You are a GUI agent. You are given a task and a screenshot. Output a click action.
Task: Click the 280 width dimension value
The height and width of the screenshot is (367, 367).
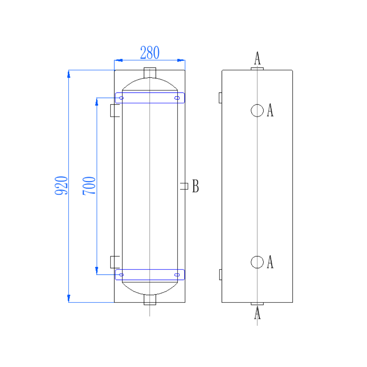coord(150,53)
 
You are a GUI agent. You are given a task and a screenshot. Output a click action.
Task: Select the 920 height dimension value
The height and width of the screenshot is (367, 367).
coord(61,185)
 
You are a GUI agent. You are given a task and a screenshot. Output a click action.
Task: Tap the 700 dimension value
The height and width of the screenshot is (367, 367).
coord(89,185)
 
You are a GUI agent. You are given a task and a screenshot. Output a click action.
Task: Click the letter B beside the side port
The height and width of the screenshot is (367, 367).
coord(196,186)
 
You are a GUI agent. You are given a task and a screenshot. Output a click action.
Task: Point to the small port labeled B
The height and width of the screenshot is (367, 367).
coord(185,186)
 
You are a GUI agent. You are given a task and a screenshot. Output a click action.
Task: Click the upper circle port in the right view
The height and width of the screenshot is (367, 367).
coord(257,110)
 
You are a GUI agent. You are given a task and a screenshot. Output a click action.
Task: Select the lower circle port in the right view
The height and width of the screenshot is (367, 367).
coord(257,262)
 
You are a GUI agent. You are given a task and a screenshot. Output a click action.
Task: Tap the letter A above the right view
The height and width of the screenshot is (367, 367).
coord(258,58)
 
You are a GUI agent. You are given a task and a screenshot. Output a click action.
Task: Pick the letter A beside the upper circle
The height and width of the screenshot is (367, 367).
coord(270,110)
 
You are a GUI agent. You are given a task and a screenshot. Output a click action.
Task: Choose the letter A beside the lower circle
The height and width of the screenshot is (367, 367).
coord(270,262)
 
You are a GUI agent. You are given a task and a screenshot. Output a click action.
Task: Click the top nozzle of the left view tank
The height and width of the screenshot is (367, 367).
coord(150,73)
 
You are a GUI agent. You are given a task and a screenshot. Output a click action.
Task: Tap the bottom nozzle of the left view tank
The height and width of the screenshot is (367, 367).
coord(150,300)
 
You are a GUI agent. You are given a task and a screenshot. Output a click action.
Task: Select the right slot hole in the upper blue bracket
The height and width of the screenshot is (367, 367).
coord(177,98)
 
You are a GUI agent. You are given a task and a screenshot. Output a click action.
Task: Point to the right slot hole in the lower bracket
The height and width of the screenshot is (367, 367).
coord(177,275)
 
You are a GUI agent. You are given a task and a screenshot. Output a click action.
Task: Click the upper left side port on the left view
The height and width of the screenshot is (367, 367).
coord(115,110)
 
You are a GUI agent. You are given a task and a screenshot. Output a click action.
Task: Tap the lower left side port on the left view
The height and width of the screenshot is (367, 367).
coord(115,262)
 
